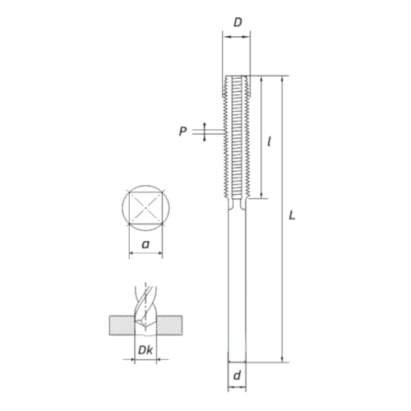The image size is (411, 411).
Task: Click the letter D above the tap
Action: point(238,21)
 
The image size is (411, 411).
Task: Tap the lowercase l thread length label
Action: point(270,141)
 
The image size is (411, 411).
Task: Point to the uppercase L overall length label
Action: point(293,215)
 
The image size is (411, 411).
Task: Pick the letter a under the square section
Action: point(145,244)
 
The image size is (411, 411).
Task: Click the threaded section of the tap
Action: point(237,136)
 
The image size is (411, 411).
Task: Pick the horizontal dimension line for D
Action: point(237,35)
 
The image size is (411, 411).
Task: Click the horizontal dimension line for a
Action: point(145,255)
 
